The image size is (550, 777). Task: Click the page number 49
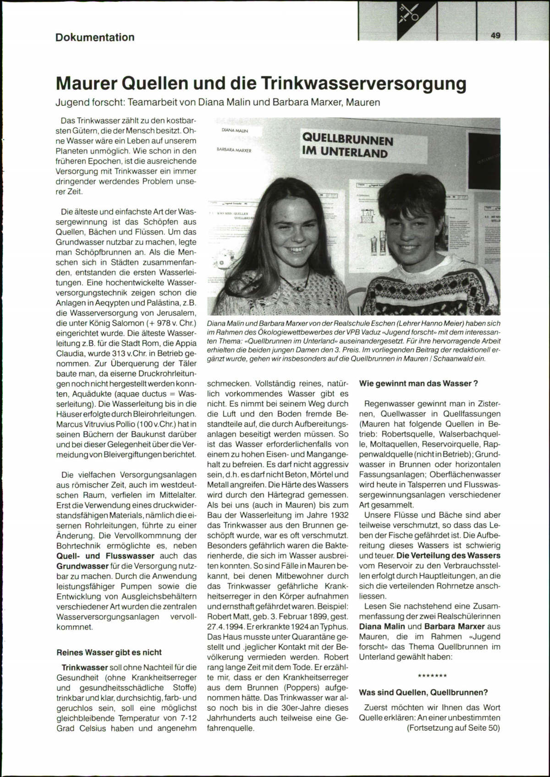tap(495, 35)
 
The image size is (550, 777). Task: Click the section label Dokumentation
tap(95, 38)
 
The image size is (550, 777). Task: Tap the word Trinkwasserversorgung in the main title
tap(363, 84)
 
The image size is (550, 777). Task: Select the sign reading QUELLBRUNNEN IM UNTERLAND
tap(347, 146)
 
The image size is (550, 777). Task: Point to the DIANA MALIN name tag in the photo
tap(235, 131)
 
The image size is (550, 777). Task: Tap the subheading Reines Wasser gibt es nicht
tap(109, 652)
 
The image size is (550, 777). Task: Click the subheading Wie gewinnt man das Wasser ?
tap(419, 383)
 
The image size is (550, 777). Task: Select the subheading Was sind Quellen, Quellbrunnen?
tap(423, 692)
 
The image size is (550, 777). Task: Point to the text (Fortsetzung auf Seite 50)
tap(453, 728)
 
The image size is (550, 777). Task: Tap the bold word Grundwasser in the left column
tap(76, 566)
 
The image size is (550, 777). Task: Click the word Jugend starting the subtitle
tap(71, 102)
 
